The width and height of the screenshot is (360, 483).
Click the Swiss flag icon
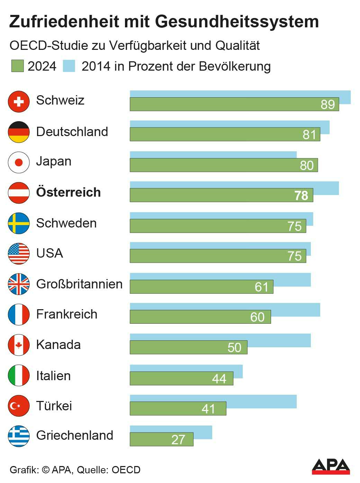point(19,101)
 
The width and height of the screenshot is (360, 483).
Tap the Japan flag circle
point(19,162)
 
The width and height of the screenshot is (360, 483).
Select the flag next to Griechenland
point(19,436)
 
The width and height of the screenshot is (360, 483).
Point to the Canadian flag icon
point(19,345)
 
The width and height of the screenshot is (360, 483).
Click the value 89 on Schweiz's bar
point(327,105)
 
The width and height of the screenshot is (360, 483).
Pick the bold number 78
point(301,196)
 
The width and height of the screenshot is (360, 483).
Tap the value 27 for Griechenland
point(178,440)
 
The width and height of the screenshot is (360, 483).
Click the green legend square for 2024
point(17,66)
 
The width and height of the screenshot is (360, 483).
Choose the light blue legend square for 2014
point(69,66)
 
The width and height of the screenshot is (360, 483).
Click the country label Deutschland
point(72,132)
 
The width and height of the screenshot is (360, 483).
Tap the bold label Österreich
point(69,192)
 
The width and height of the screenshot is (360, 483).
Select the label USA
point(49,253)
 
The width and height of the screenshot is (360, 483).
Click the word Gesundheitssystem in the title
point(237,21)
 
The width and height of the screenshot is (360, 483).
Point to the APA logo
point(331,466)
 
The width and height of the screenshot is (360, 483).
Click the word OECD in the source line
point(126,470)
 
